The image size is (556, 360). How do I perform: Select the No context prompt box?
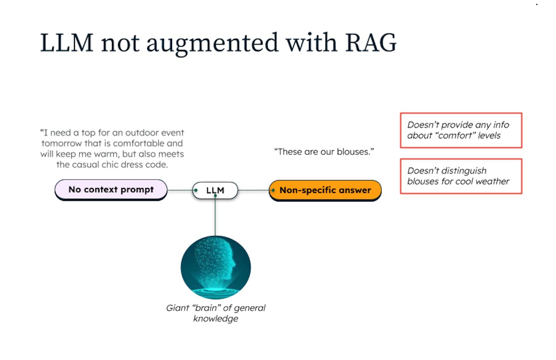[x=111, y=190]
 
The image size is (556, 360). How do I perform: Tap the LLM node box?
[x=215, y=190]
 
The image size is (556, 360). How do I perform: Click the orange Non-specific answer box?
[x=325, y=190]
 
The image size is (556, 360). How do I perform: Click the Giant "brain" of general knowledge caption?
[x=216, y=313]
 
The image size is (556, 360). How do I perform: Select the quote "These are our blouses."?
[x=324, y=152]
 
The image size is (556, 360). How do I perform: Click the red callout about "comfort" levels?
[x=461, y=130]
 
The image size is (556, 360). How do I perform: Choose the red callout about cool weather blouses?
[x=461, y=176]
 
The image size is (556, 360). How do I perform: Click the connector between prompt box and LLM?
[x=180, y=190]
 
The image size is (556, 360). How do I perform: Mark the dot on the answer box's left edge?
[x=272, y=190]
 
